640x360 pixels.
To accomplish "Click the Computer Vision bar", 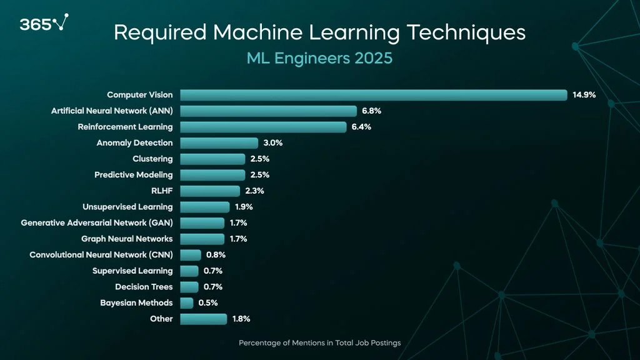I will tap(373, 95).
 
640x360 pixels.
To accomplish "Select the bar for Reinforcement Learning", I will tap(263, 127).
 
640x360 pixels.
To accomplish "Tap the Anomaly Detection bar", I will tap(219, 143).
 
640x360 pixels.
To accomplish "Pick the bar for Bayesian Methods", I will tap(187, 303).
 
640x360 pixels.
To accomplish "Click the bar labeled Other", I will tap(203, 319).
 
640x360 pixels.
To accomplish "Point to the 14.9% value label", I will tap(584, 95).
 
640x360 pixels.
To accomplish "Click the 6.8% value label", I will tap(371, 111).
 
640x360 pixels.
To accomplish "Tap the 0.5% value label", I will tap(208, 303).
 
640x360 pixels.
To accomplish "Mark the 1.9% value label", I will tap(244, 207).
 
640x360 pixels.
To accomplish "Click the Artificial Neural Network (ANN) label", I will tap(112, 111).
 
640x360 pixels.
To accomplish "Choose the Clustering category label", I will tap(152, 159).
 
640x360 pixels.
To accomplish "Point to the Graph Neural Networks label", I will tap(127, 239).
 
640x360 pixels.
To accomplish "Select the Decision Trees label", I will tap(144, 287).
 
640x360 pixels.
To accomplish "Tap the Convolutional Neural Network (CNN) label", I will tap(101, 255).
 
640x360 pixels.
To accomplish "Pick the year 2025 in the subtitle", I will tap(374, 59).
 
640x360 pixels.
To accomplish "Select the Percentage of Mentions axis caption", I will tap(319, 343).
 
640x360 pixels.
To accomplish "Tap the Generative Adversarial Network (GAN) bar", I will tap(202, 223).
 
